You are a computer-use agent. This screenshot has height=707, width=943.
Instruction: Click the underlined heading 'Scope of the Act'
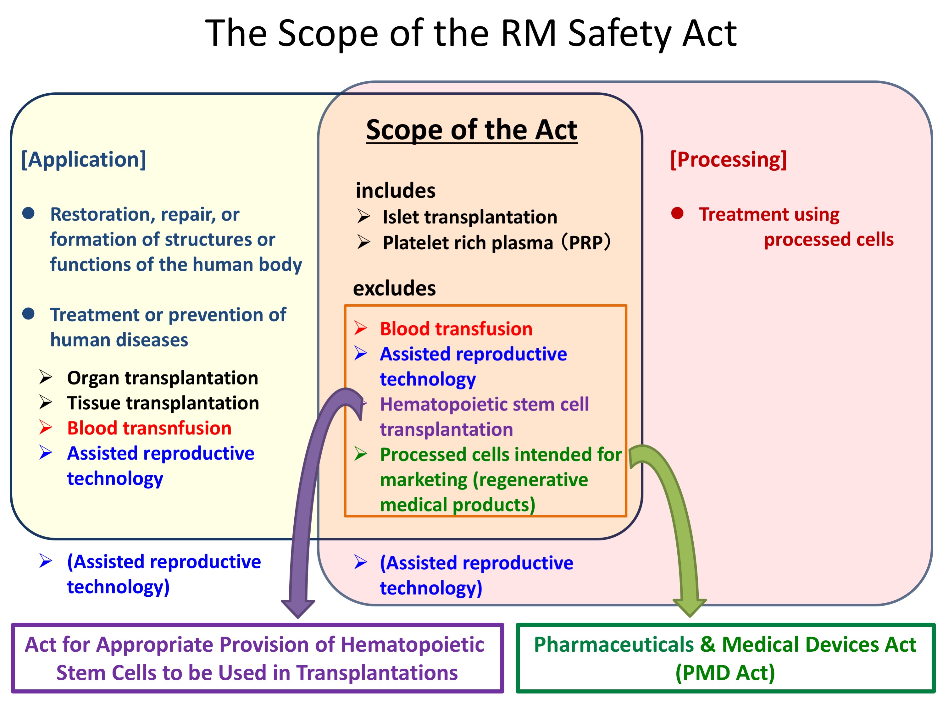point(472,130)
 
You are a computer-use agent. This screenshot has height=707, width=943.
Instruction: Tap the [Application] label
point(84,159)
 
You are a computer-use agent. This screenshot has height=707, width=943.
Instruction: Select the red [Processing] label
point(728,159)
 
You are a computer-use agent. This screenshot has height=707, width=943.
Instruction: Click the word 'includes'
point(395,191)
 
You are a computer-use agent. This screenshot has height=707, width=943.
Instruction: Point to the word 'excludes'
point(394,289)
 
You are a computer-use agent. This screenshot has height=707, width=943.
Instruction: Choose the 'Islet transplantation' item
point(470,217)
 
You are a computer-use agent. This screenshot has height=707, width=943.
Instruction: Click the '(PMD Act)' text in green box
point(725,673)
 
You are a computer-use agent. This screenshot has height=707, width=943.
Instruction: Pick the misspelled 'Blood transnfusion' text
point(149,428)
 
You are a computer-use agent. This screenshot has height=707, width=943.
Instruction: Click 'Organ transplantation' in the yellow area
point(163,378)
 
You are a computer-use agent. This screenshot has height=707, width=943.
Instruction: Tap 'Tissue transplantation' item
point(163,403)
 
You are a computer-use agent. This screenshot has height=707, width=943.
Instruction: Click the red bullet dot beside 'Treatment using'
point(677,213)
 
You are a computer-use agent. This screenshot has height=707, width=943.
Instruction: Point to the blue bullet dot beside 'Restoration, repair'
point(29,213)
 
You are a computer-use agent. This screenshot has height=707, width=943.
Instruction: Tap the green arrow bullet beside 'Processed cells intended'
point(361,454)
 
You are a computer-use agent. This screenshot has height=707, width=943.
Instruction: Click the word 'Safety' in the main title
point(619,34)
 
